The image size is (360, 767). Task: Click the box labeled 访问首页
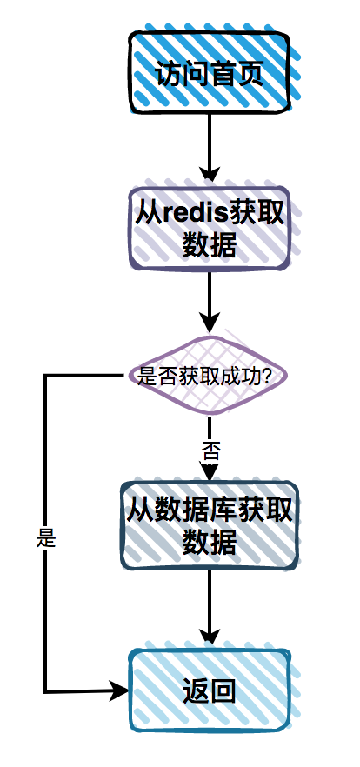(x=209, y=73)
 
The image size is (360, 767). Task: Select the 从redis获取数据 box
(x=209, y=228)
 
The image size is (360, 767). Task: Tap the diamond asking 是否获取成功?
(x=209, y=377)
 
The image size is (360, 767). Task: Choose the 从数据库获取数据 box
(x=209, y=525)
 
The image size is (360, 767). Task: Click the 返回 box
(x=209, y=690)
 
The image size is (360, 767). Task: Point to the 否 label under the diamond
(x=210, y=450)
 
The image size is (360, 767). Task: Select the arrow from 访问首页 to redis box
(x=209, y=148)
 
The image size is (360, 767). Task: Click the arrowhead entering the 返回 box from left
(x=120, y=691)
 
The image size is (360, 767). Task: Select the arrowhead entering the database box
(x=209, y=473)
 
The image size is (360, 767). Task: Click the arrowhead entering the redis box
(x=209, y=177)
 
